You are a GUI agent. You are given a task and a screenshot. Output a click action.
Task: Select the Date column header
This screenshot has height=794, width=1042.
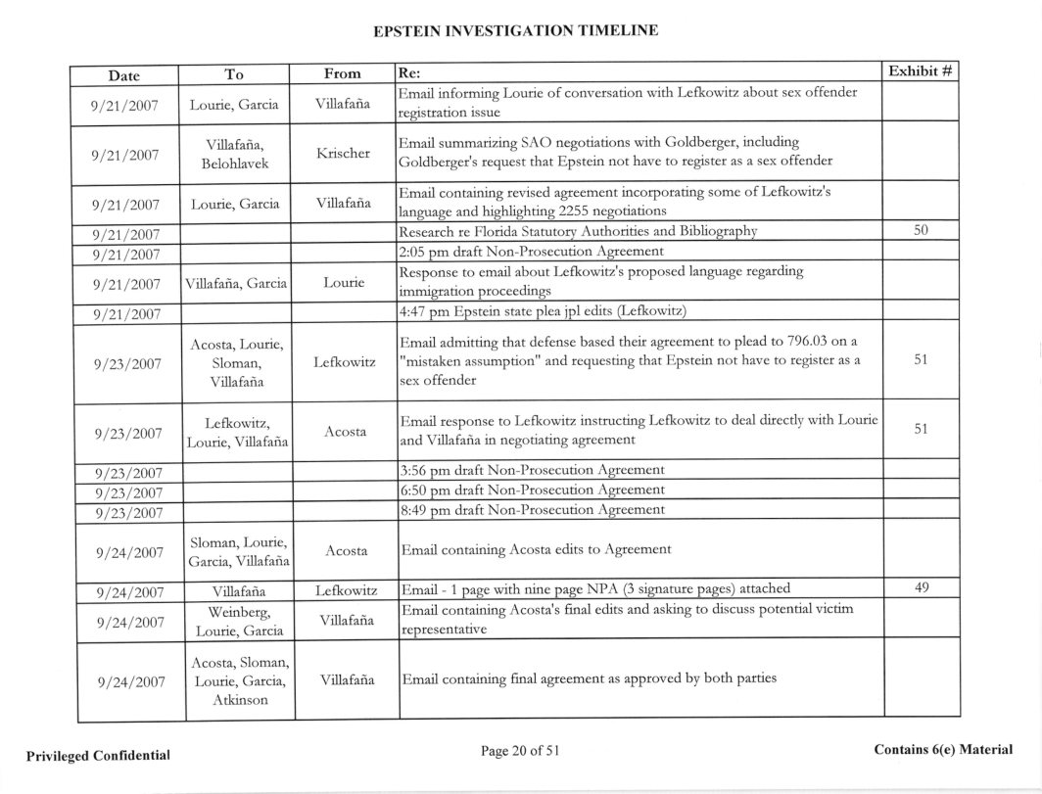[124, 73]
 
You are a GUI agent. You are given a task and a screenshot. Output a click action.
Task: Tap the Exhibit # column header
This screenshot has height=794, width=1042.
[921, 71]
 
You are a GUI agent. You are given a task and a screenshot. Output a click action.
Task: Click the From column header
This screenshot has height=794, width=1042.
[342, 72]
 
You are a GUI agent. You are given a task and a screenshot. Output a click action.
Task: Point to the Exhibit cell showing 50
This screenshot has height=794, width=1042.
[921, 231]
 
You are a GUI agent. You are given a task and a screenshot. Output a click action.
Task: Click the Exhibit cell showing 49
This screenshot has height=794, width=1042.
[921, 587]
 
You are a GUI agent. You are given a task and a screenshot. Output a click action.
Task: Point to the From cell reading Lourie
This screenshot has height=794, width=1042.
[342, 280]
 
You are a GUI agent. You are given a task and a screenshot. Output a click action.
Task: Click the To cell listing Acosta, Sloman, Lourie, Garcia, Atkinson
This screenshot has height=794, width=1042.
[240, 677]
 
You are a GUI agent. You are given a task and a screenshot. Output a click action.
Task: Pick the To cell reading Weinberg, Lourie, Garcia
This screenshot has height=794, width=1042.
[240, 614]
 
